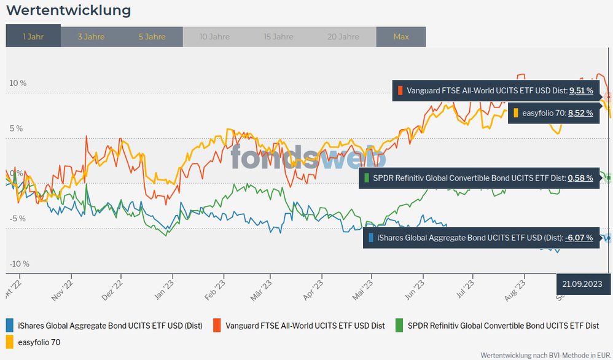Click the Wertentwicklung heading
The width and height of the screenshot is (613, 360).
click(x=68, y=10)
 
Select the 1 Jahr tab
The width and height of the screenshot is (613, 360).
click(x=33, y=37)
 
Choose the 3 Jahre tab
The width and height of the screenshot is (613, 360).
click(x=91, y=37)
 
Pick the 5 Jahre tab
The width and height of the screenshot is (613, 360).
click(x=152, y=37)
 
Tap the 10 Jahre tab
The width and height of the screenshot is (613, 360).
click(x=214, y=37)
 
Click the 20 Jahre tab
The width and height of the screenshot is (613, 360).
click(x=343, y=37)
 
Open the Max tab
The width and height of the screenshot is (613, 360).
click(x=401, y=37)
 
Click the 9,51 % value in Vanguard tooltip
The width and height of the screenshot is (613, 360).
click(x=581, y=90)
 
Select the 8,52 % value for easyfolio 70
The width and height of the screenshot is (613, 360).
click(x=580, y=113)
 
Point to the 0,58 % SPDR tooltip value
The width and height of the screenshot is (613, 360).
click(x=580, y=178)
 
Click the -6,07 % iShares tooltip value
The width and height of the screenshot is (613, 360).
click(x=579, y=238)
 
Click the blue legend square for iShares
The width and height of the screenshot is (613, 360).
click(x=10, y=325)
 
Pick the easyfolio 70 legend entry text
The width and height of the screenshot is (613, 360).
click(x=39, y=342)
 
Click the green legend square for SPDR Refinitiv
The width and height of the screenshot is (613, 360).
click(x=399, y=325)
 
